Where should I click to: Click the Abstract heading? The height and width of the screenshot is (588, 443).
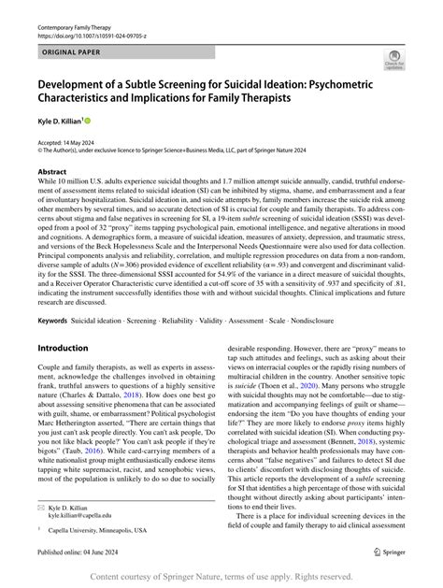(51, 172)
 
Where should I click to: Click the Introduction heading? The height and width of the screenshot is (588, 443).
(62, 348)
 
